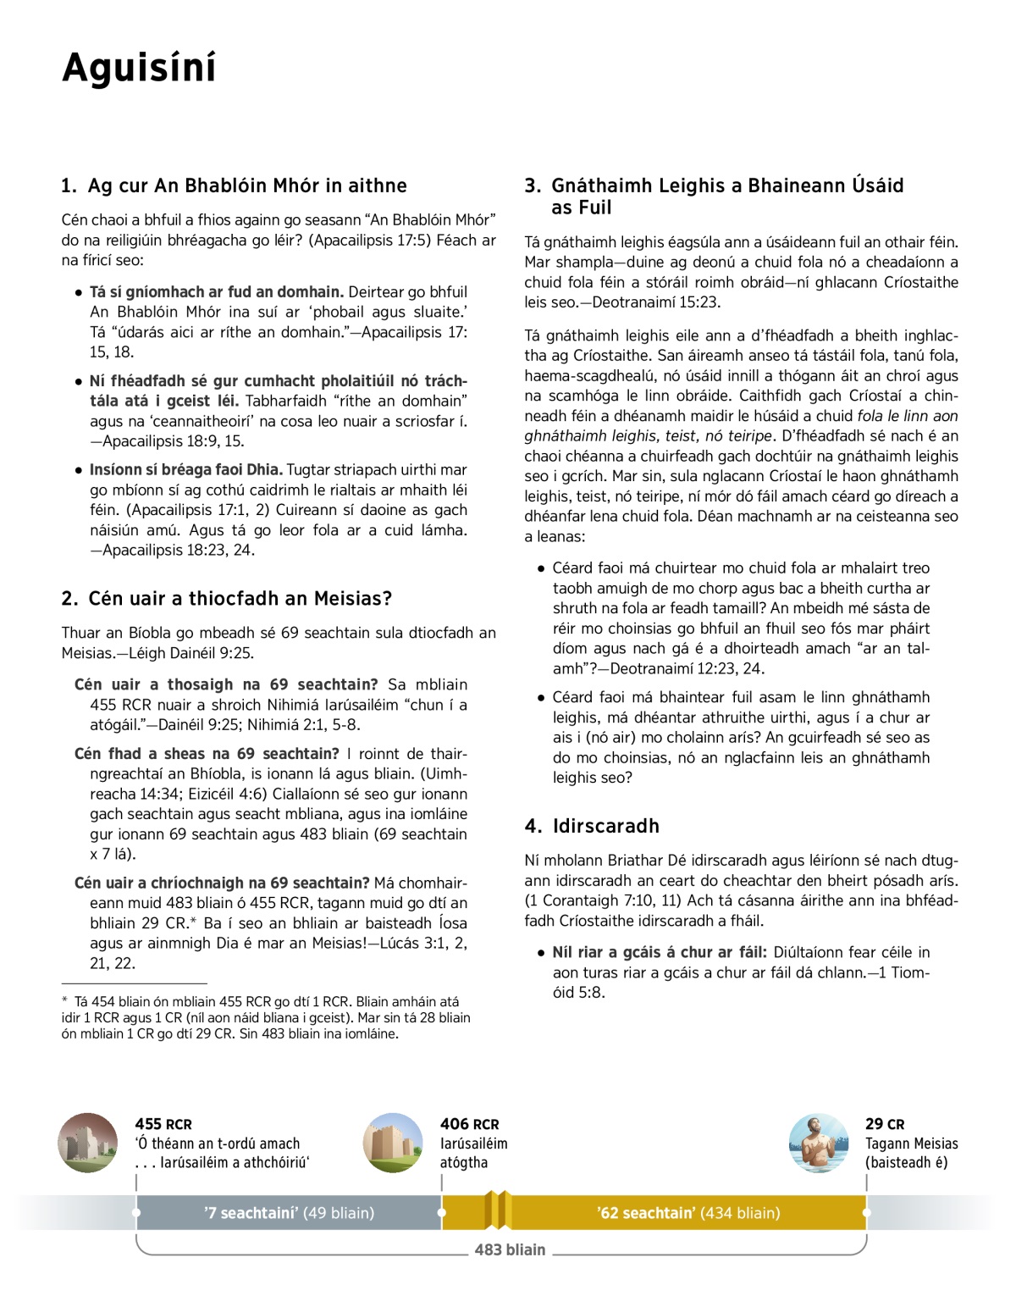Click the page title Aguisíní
pos(139,68)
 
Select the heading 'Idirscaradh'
pos(605,826)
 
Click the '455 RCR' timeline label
pos(163,1124)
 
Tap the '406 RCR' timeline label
pos(469,1124)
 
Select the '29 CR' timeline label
pos(885,1124)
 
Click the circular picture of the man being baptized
pos(818,1143)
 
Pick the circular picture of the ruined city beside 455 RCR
pos(88,1143)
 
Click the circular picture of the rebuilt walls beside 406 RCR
pos(393,1143)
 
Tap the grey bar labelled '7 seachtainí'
pos(289,1213)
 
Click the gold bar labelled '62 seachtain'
pos(687,1213)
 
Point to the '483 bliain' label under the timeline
pos(510,1249)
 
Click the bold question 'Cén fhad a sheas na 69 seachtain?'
pos(207,754)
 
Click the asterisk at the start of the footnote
pos(65,1000)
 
